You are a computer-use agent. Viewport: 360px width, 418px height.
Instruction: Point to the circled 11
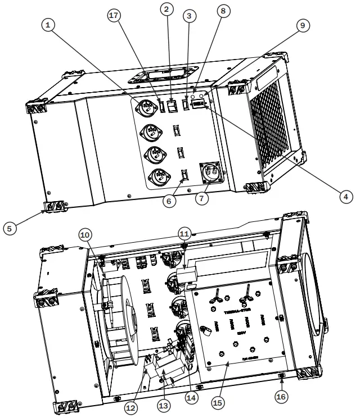(x=184, y=233)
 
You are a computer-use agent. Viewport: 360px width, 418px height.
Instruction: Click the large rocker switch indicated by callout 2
(x=174, y=104)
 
